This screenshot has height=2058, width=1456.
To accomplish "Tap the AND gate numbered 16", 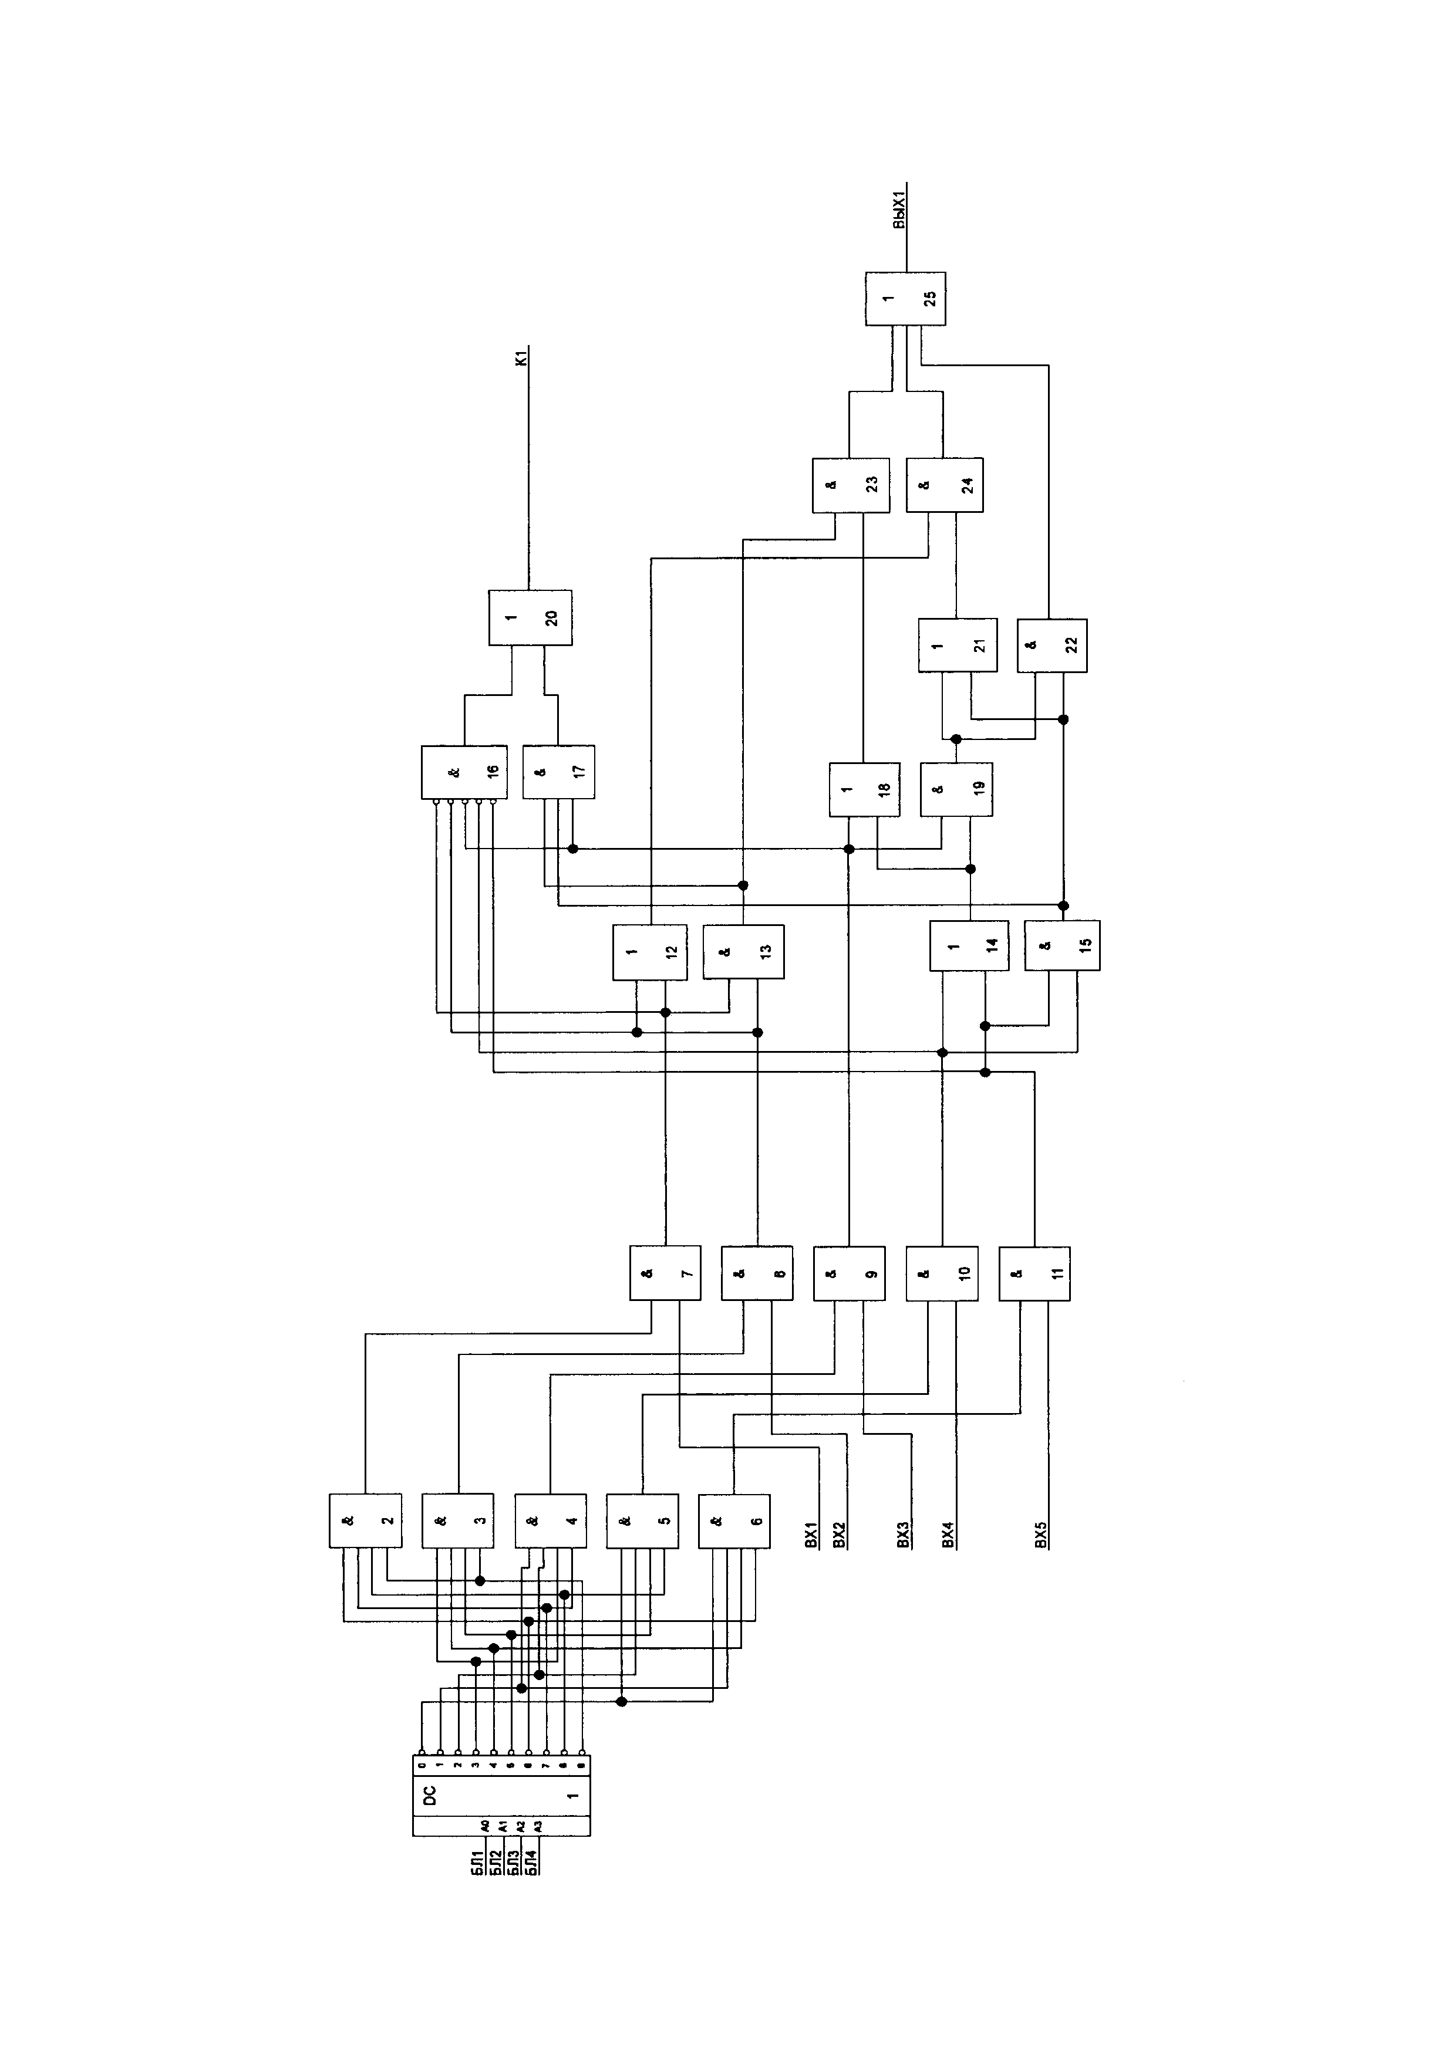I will click(x=464, y=772).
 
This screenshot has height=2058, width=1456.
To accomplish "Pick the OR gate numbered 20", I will click(x=530, y=617).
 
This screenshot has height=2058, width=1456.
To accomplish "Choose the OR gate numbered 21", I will click(x=956, y=646).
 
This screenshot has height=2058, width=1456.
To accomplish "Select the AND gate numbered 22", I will click(x=1051, y=646).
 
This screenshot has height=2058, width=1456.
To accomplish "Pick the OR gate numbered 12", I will click(x=650, y=952).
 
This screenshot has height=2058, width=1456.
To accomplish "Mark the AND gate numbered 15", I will click(x=1063, y=945).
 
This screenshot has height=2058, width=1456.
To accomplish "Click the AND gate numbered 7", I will click(x=665, y=1273).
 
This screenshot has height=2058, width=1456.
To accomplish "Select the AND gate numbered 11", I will click(x=1034, y=1273).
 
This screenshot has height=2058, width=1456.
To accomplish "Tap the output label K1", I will click(x=521, y=359).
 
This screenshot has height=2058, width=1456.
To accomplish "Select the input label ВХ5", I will click(x=1040, y=1538).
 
